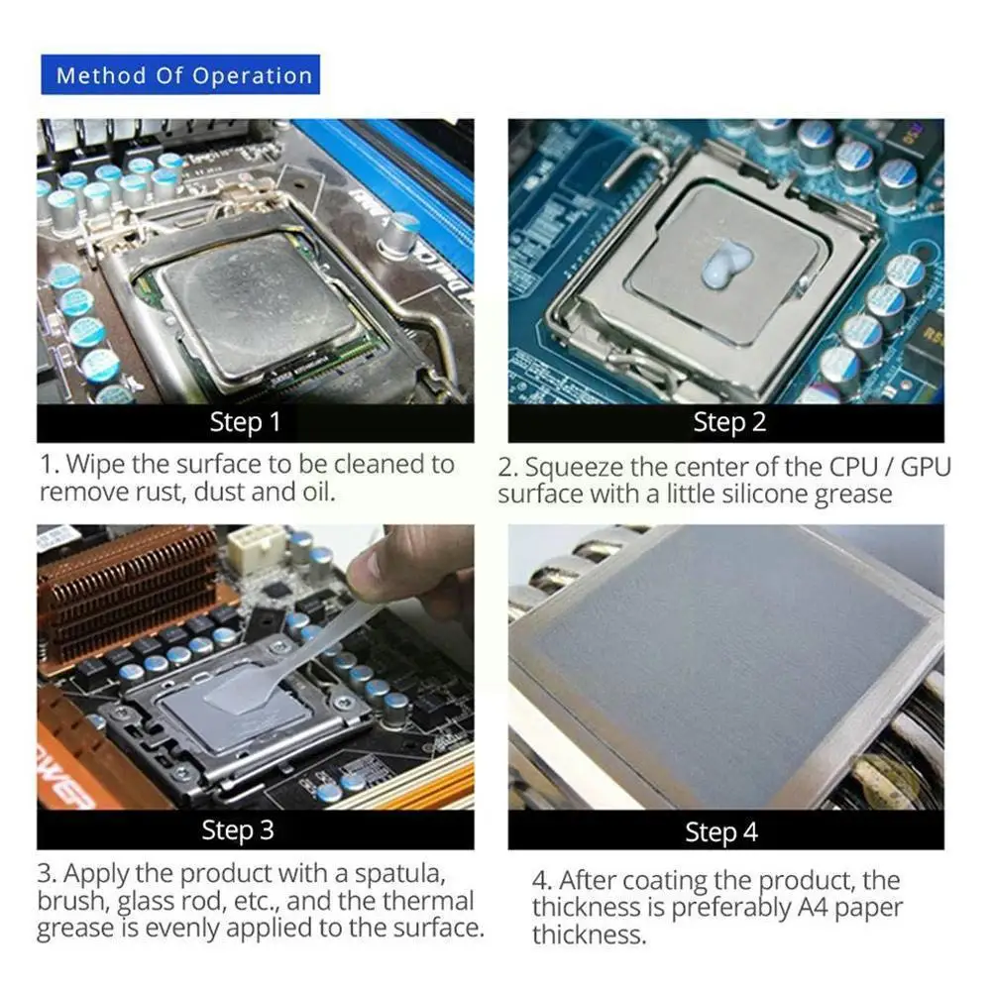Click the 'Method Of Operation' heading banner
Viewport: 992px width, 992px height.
183,75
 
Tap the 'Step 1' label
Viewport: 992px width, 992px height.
245,422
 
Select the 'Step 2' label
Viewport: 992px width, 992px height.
729,422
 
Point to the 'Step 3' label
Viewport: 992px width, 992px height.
238,829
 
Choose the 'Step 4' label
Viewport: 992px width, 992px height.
721,832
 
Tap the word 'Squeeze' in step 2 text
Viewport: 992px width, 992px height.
569,467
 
